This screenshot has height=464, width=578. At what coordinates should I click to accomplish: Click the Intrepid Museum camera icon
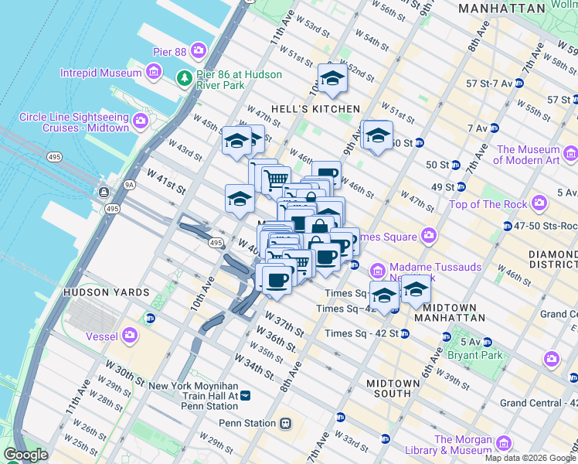(154, 73)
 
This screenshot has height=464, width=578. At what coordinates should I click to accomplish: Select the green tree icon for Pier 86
(185, 78)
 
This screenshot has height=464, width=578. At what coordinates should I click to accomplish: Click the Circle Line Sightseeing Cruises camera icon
(140, 120)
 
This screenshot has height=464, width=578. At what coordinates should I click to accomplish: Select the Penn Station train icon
(285, 423)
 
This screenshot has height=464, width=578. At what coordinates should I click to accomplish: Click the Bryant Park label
(479, 356)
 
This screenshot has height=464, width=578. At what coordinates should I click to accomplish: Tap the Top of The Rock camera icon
(539, 204)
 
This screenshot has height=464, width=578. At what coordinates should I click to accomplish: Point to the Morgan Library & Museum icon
(503, 443)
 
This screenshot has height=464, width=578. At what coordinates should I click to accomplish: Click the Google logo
(26, 454)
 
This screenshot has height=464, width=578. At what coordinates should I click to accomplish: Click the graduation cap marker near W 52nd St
(333, 77)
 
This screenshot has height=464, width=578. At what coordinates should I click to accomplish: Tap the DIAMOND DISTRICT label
(552, 260)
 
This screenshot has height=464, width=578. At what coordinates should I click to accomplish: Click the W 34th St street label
(257, 370)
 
